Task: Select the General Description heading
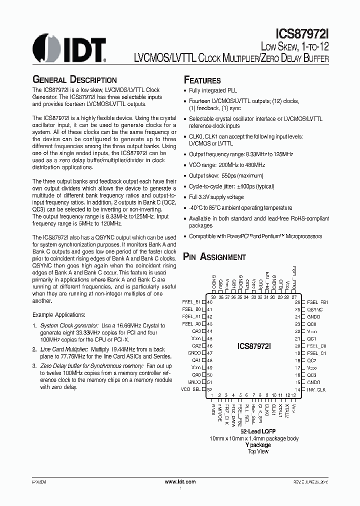click(x=74, y=80)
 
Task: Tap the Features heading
click(x=202, y=80)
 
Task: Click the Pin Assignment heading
click(x=214, y=257)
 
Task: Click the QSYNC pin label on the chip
click(x=314, y=309)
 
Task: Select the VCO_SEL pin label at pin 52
click(x=191, y=389)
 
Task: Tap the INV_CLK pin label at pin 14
click(x=316, y=389)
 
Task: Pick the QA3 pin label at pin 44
click(x=196, y=331)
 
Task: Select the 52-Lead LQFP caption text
click(x=258, y=431)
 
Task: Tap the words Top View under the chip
click(x=258, y=451)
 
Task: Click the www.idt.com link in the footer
click(x=180, y=481)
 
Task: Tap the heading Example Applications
click(x=58, y=315)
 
